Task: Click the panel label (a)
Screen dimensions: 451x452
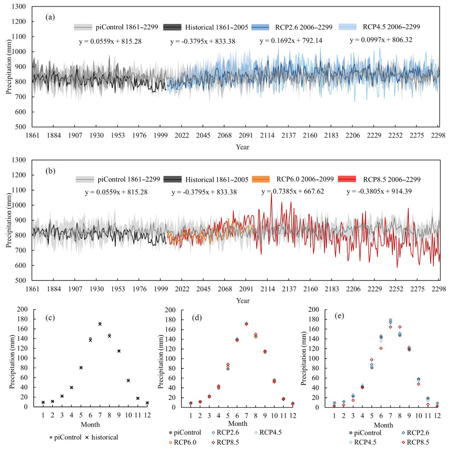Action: point(50,17)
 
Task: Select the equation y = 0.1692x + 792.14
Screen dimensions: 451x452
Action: point(291,40)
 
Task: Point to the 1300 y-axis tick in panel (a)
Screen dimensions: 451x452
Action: point(19,7)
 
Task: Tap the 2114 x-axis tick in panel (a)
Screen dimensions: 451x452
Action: point(267,136)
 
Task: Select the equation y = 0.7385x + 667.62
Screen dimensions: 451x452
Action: point(293,192)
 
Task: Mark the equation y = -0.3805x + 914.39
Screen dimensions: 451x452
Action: point(379,192)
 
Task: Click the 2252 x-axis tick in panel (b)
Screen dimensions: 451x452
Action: point(396,289)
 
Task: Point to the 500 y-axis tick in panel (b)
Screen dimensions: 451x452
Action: point(20,281)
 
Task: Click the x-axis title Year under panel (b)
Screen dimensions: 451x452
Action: point(243,301)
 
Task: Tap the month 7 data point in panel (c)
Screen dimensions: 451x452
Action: point(100,324)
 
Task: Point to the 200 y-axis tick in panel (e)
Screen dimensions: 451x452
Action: point(314,309)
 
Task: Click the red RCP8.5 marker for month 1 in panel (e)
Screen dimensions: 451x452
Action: point(334,406)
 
